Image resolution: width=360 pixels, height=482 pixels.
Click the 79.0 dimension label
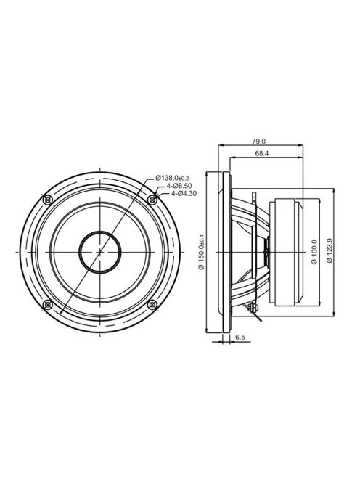tap(258, 142)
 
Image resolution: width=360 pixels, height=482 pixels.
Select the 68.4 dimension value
tap(261, 153)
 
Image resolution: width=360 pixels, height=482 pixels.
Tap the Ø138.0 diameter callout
tap(172, 178)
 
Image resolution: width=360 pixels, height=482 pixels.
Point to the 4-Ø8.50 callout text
tap(179, 186)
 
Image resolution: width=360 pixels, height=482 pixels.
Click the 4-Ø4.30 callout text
tap(184, 193)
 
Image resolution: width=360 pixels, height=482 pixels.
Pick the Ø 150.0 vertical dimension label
tap(202, 252)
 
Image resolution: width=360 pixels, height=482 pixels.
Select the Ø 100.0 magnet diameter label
tap(314, 253)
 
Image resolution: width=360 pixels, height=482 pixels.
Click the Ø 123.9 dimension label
tap(330, 250)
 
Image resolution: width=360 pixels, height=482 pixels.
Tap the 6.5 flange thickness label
tap(240, 338)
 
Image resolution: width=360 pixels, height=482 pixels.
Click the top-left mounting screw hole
tap(48, 200)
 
